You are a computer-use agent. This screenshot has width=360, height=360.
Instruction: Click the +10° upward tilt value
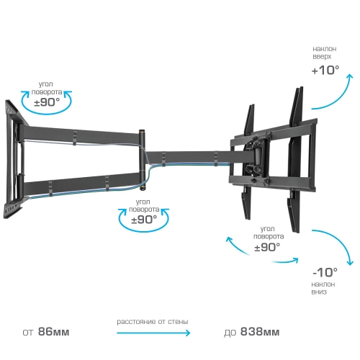(325, 71)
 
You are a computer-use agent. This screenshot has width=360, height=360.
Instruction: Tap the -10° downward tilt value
(325, 272)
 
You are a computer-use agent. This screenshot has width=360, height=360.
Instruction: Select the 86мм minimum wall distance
(54, 332)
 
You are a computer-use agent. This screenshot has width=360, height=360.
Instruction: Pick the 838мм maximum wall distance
(260, 332)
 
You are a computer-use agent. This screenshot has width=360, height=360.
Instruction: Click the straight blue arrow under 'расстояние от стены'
(153, 333)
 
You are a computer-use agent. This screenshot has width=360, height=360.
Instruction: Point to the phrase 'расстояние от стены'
(153, 322)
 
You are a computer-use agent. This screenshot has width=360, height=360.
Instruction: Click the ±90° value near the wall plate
(47, 102)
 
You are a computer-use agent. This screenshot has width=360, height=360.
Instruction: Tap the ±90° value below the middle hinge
(144, 220)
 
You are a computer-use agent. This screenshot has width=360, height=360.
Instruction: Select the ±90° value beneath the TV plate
(267, 247)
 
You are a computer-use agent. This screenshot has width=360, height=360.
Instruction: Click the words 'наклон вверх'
(324, 53)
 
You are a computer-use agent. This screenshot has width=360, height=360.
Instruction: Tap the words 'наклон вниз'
(323, 288)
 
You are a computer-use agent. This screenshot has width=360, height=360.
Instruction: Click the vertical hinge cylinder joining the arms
(143, 161)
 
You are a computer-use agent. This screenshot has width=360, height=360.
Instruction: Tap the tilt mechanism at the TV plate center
(256, 157)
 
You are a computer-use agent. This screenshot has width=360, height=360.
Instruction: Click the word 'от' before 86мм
(27, 333)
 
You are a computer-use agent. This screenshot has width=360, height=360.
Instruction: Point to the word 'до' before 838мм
(230, 333)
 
